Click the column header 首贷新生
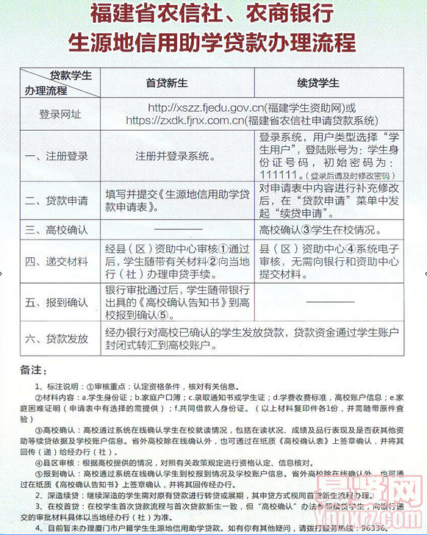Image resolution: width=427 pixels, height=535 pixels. coord(164,82)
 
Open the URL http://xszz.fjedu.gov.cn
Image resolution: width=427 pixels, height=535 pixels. coord(204,107)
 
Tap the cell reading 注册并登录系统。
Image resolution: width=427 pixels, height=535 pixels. coord(176,157)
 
